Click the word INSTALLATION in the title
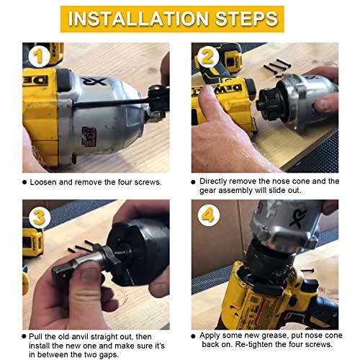[x=138, y=19]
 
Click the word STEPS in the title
[x=247, y=19]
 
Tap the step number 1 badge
[x=39, y=57]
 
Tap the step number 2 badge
[x=208, y=57]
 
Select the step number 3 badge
[x=40, y=217]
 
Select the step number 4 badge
[x=209, y=215]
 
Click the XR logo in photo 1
[x=94, y=81]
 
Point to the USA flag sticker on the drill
[x=89, y=136]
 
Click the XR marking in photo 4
[x=298, y=218]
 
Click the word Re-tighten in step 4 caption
[x=254, y=345]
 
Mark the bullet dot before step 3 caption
[x=24, y=336]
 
